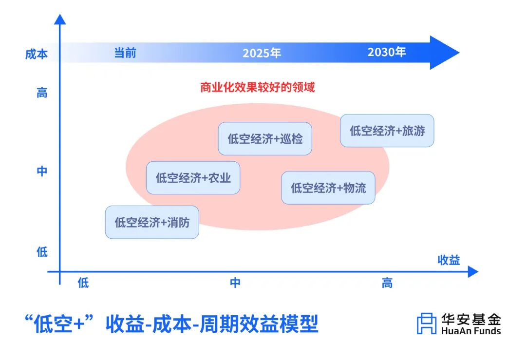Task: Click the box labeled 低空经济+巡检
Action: tap(265, 139)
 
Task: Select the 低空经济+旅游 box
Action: tap(387, 131)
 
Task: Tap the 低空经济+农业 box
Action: tap(193, 178)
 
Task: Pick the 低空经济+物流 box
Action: tap(328, 188)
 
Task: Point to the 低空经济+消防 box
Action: tap(152, 223)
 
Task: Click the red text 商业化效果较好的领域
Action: tap(257, 88)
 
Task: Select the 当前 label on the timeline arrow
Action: tap(125, 53)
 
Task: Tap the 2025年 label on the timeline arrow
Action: tap(262, 53)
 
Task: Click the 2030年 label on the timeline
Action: tap(387, 52)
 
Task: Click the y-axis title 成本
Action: tap(37, 54)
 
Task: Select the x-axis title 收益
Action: tap(449, 260)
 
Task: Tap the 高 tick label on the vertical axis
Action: tap(42, 93)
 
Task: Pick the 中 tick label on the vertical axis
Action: tap(42, 171)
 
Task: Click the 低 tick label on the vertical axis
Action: tap(42, 252)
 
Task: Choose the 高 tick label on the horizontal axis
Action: tap(387, 283)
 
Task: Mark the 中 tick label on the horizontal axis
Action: tap(235, 283)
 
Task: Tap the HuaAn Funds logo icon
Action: tap(427, 323)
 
